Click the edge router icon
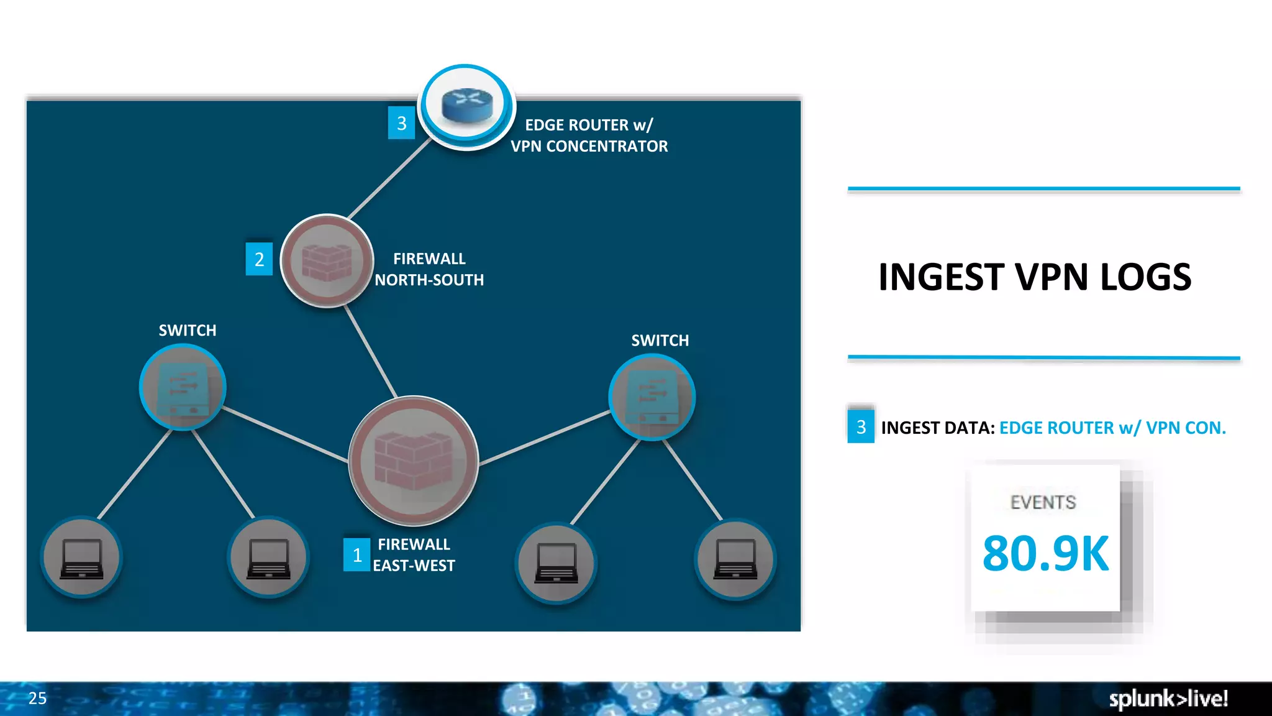click(466, 106)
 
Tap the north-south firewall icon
click(327, 260)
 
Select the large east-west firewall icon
click(413, 461)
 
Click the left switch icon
click(183, 387)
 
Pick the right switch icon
click(652, 397)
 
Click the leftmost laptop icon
click(81, 558)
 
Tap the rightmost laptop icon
click(735, 558)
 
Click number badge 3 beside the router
click(401, 123)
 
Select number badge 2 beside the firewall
click(259, 259)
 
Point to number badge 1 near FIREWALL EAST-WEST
click(357, 554)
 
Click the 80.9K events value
click(1045, 553)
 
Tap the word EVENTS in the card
click(1043, 502)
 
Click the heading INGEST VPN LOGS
click(1035, 277)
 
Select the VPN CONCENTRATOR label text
click(589, 146)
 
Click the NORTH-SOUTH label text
click(429, 280)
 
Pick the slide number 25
click(37, 698)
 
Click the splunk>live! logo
click(1168, 699)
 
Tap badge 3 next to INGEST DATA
click(861, 427)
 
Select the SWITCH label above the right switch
click(660, 341)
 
